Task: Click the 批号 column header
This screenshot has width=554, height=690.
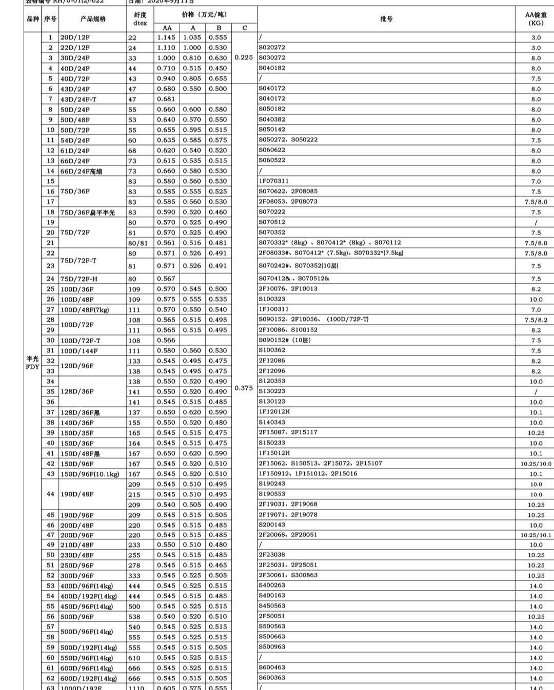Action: click(386, 19)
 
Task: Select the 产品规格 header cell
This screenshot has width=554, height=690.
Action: click(93, 19)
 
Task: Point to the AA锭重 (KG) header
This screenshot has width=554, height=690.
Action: click(536, 19)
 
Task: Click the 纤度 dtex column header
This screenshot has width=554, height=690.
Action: click(140, 19)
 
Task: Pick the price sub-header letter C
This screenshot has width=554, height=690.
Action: click(244, 28)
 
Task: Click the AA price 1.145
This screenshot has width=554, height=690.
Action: click(166, 37)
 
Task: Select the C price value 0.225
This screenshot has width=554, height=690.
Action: click(244, 57)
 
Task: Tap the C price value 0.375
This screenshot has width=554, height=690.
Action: click(244, 388)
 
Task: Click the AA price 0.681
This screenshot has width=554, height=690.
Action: click(166, 99)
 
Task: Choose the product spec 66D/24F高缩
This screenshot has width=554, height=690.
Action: click(81, 171)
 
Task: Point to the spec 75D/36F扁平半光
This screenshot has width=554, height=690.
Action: click(88, 212)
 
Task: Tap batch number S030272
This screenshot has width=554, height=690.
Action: click(272, 58)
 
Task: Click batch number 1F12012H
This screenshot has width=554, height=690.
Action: click(274, 412)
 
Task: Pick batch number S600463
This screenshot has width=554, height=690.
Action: click(272, 667)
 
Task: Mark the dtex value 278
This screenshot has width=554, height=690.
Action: click(134, 566)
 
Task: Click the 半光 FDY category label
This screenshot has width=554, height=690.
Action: click(32, 363)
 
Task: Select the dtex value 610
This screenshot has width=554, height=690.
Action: click(134, 658)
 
